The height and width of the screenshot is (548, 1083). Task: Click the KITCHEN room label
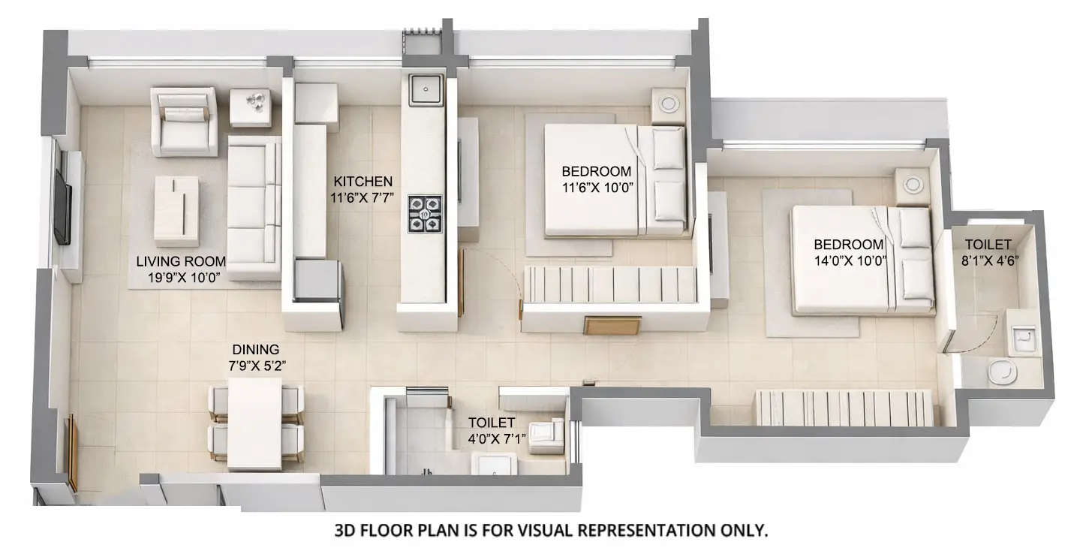coord(363,181)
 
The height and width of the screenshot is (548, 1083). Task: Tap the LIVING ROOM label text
coord(181,261)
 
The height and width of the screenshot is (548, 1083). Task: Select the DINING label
coord(255,349)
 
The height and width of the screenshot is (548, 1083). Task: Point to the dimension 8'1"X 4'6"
coord(988,261)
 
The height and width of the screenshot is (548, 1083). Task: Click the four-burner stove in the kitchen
coord(425,212)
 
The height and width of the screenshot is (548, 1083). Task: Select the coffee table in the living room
coord(176,210)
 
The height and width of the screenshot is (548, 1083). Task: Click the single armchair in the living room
coord(184,122)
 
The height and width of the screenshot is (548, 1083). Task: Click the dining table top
coord(254,424)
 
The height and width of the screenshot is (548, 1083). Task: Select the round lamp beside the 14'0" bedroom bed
coord(913,182)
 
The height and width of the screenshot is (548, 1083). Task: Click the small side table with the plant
coord(250,105)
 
